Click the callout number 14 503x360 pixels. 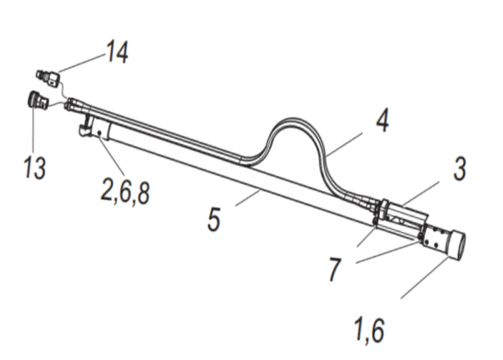click(117, 52)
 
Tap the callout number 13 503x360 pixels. click(33, 168)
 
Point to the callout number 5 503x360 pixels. click(214, 220)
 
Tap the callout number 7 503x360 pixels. click(336, 271)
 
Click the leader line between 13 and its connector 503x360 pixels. click(32, 132)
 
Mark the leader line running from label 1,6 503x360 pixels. click(424, 278)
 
